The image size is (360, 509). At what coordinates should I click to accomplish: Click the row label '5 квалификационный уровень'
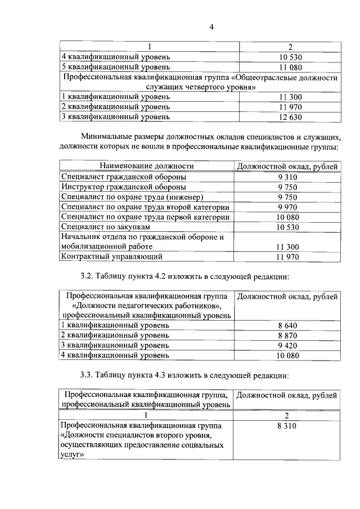point(115,67)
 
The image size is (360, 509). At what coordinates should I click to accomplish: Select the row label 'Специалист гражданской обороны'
point(124,177)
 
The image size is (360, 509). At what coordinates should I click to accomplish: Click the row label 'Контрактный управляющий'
point(111,256)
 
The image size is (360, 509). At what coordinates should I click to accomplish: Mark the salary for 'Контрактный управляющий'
point(289,257)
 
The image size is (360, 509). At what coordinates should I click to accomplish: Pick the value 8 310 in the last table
point(287,426)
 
